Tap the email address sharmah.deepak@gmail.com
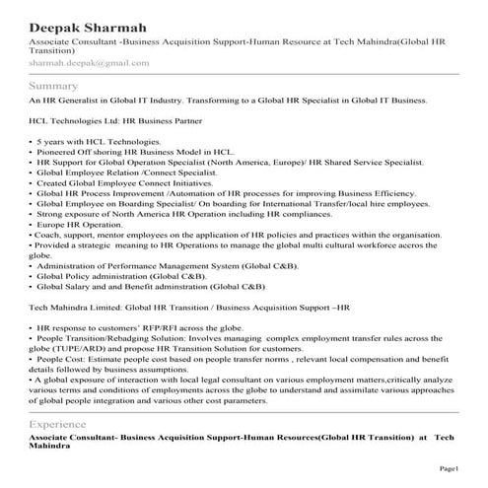click(89, 63)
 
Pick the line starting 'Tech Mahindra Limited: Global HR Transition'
click(189, 308)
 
